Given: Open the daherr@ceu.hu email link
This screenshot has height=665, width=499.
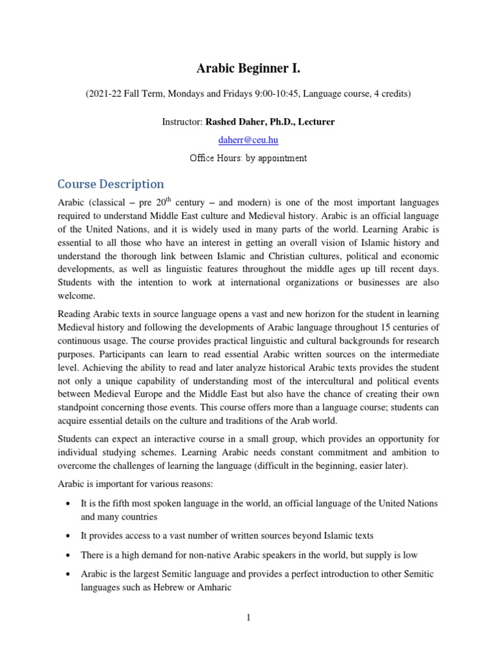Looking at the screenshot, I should [x=249, y=140].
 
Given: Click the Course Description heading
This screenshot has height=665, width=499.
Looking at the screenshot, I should [x=110, y=184].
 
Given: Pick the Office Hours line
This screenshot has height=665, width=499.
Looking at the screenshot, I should [x=249, y=158].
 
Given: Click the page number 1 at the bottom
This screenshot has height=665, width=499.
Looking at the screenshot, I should [x=249, y=618].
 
